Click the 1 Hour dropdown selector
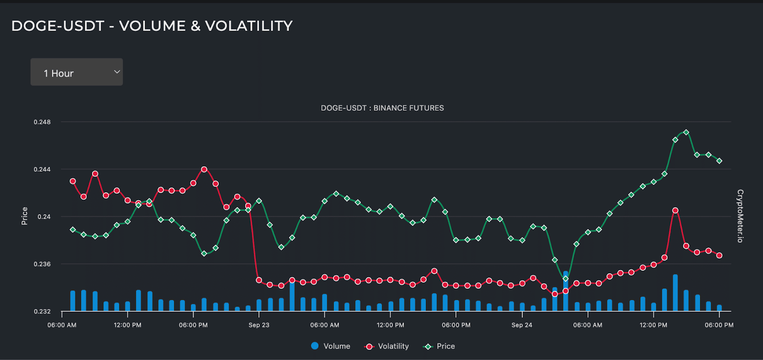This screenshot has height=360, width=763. [x=76, y=72]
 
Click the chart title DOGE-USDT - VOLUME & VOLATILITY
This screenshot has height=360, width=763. [x=152, y=26]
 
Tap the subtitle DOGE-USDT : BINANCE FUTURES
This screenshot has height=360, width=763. [x=382, y=108]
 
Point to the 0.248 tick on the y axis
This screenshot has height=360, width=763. [x=42, y=122]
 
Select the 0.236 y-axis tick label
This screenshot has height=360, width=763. [x=42, y=264]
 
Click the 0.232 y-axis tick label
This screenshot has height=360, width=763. [x=42, y=311]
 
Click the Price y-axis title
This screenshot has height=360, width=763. [x=24, y=216]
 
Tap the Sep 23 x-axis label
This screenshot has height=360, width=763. [x=258, y=325]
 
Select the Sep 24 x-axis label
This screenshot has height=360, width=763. [x=522, y=325]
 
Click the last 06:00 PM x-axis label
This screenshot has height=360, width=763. [x=719, y=325]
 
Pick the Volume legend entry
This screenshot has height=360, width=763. [x=330, y=346]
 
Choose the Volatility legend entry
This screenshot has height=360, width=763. [x=386, y=346]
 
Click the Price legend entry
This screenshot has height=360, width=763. [x=439, y=346]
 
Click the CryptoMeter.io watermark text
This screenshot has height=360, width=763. [x=740, y=216]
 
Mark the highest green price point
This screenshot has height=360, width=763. [x=686, y=133]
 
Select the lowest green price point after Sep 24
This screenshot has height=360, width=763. [x=566, y=278]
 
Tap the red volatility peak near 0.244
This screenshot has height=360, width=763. [x=204, y=169]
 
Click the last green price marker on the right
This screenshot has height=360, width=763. [x=719, y=161]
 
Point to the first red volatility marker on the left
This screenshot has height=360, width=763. [x=72, y=181]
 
